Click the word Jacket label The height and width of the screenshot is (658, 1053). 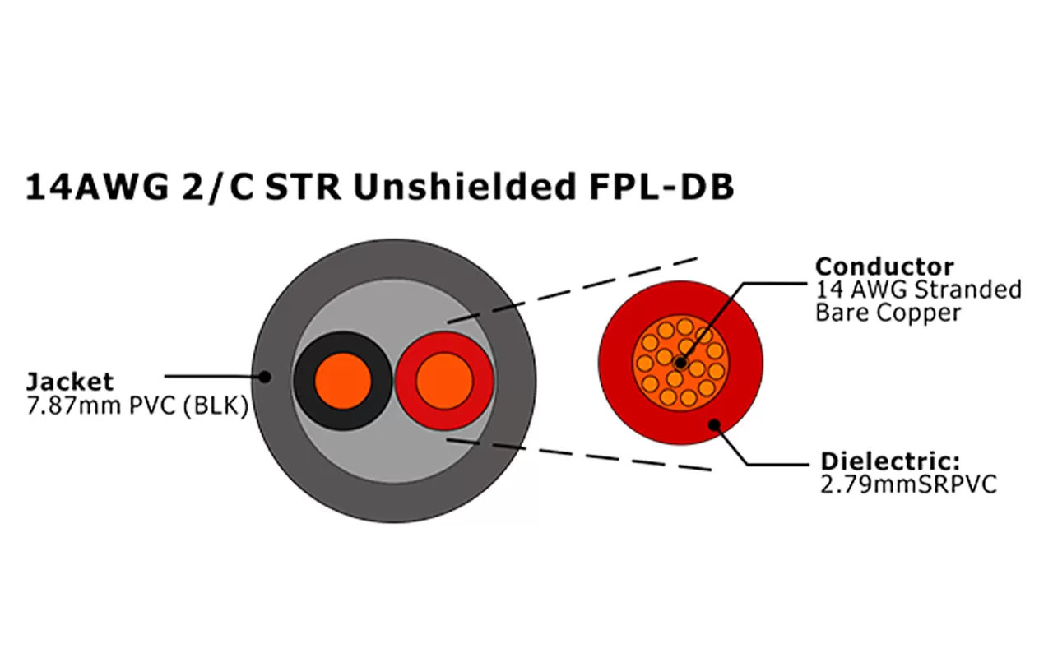point(70,382)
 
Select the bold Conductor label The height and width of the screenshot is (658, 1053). point(884,266)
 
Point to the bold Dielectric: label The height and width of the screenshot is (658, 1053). point(890,461)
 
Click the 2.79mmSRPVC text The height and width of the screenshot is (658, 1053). point(908,484)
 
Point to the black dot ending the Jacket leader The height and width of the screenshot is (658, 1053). point(265,377)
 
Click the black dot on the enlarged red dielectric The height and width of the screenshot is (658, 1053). point(714,424)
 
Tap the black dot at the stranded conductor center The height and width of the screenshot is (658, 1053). point(680,361)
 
